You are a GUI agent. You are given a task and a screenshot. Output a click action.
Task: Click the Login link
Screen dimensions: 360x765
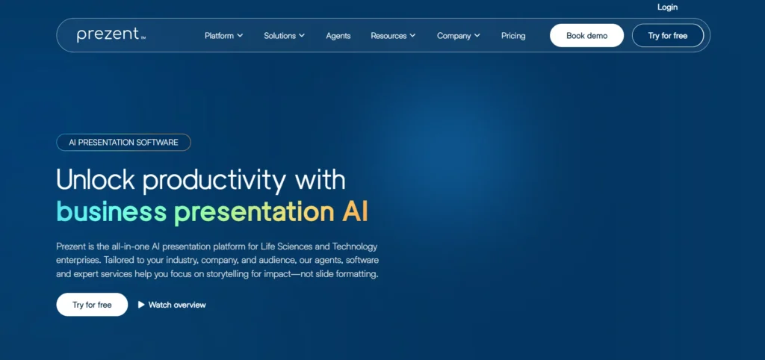coord(667,7)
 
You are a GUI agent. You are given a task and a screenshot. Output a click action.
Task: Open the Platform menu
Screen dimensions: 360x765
coord(223,36)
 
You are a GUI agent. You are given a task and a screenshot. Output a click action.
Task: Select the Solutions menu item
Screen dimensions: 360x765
coord(284,36)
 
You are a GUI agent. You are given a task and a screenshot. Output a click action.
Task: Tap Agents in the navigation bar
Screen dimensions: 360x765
coord(338,36)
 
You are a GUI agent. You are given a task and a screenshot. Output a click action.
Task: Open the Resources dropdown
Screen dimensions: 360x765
coord(393,36)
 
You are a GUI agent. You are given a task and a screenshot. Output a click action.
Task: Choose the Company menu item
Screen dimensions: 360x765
coord(458,36)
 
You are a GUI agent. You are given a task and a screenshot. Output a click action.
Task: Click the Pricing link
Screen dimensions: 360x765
coord(513,36)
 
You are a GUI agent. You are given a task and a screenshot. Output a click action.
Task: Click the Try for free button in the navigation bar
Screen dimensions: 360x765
coord(667,36)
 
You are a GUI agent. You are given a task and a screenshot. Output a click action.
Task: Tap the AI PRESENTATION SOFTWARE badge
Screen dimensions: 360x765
coord(123,142)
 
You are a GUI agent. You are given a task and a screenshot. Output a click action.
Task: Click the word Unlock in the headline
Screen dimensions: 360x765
coord(95,180)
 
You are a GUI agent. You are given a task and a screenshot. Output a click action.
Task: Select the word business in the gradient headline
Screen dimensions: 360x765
coord(111,212)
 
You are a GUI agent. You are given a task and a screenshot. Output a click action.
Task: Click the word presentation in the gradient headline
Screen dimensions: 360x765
coord(254,212)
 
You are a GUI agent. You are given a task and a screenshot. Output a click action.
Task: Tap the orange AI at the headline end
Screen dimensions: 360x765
coord(355,211)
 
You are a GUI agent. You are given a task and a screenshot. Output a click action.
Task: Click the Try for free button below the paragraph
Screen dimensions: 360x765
coord(92,305)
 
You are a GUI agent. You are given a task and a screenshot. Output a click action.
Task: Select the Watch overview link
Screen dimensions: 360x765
coord(177,305)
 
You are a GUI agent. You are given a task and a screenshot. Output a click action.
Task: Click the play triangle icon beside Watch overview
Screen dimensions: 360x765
coord(141,305)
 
